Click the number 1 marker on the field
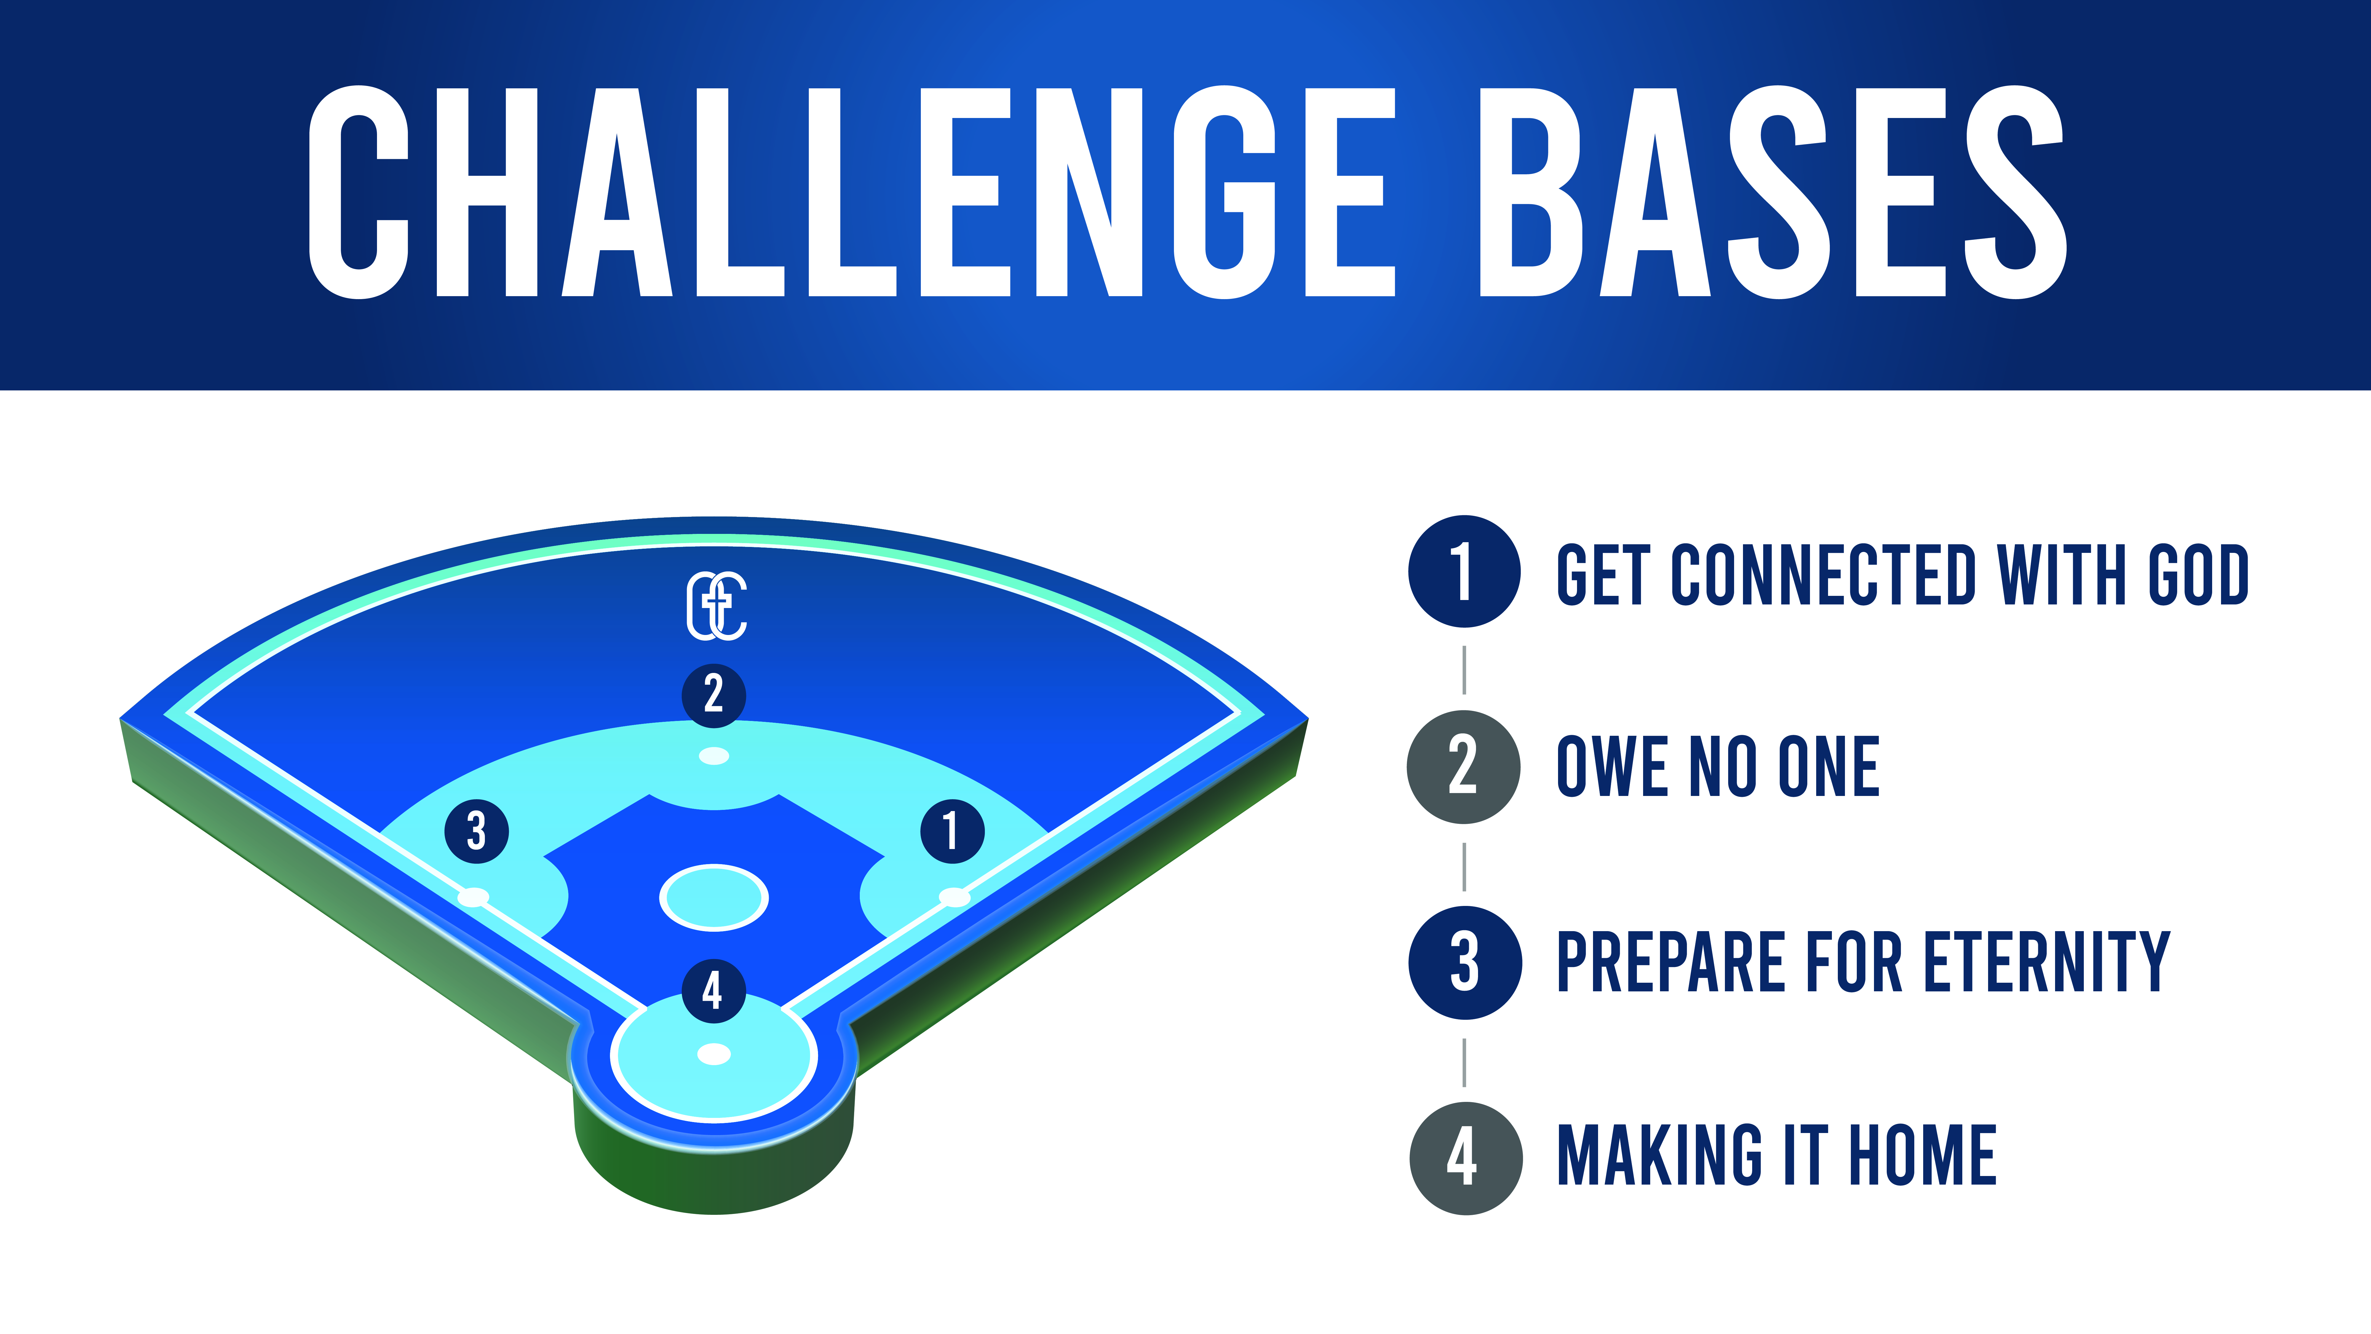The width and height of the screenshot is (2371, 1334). tap(953, 831)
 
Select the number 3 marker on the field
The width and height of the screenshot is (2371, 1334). tap(477, 831)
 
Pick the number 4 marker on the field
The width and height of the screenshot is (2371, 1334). tap(713, 991)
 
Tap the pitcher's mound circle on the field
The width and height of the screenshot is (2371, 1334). tap(713, 898)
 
